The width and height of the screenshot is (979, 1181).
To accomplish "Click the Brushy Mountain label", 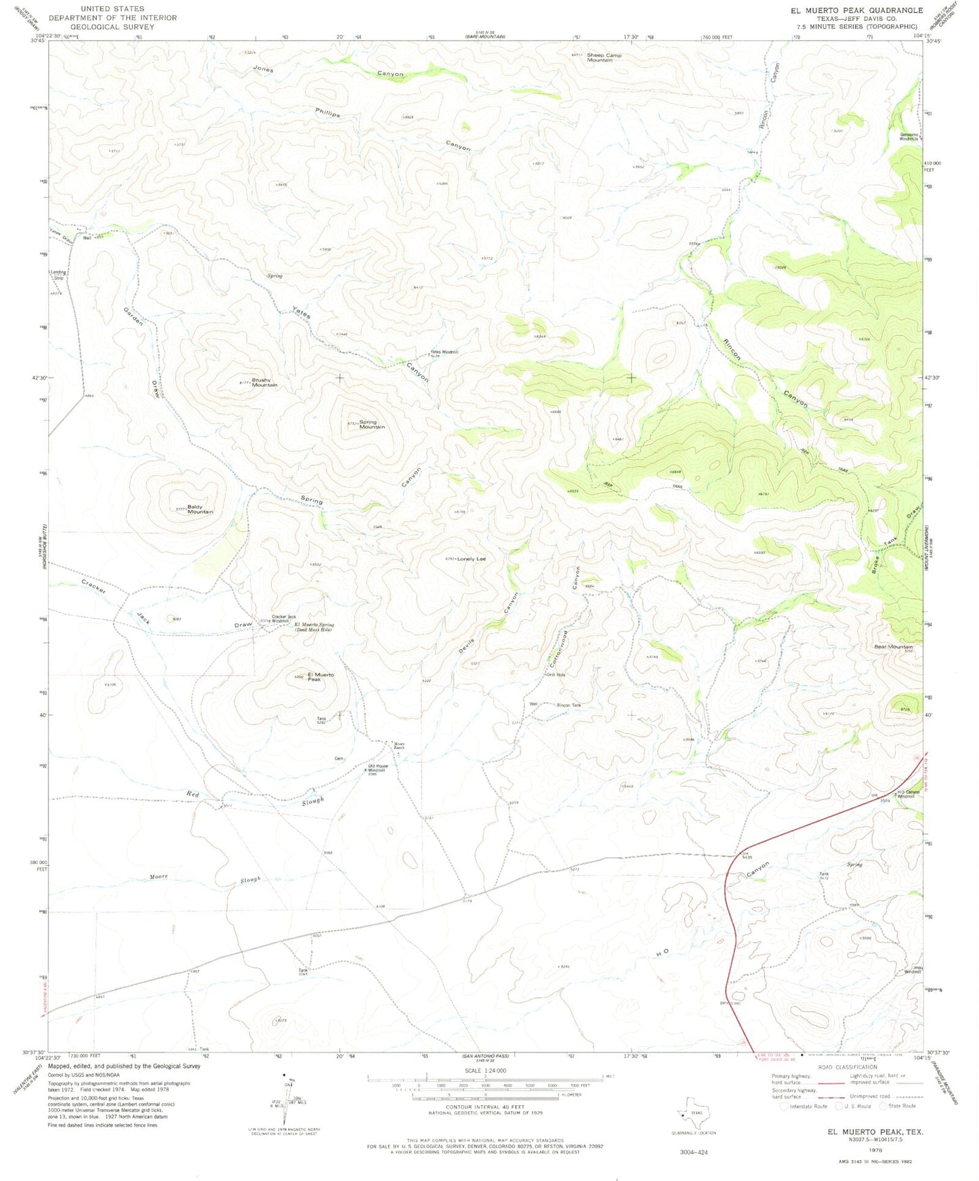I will [264, 382].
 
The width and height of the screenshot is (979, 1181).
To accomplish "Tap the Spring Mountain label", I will [372, 424].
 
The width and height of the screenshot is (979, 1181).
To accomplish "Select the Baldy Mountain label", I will [200, 509].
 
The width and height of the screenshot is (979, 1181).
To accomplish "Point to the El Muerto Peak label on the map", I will [320, 676].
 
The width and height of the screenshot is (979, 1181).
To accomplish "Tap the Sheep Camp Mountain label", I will [604, 58].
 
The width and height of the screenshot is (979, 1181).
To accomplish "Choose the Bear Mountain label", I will [893, 646].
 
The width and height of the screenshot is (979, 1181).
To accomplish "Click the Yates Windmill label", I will [444, 352].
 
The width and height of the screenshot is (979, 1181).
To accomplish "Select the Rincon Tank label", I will [568, 705].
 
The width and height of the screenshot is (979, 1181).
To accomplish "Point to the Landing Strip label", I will [58, 274].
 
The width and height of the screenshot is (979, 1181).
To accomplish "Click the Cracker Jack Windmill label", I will [283, 619].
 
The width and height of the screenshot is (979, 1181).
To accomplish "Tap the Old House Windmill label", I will [377, 768].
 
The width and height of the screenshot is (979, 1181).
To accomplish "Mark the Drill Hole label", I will [556, 675].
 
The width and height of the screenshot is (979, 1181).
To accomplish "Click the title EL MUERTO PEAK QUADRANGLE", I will [856, 10].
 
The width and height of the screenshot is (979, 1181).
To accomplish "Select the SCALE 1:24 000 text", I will [485, 1071].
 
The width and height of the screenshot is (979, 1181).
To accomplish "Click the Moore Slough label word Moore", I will [159, 877].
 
